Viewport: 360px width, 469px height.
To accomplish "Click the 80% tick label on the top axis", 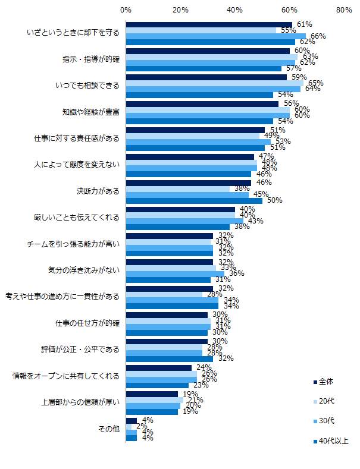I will click(344, 10).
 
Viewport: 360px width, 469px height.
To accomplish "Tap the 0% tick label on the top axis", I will click(126, 10).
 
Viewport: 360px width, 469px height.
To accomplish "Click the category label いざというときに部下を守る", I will click(73, 33).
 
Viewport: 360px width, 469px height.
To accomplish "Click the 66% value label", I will click(318, 36).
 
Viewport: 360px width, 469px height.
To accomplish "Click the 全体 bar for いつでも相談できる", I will click(206, 77).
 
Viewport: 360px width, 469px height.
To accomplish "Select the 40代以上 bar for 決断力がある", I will click(194, 201).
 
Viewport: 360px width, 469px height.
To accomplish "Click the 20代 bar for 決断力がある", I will click(177, 189).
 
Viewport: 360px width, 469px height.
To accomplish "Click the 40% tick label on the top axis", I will click(235, 10).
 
